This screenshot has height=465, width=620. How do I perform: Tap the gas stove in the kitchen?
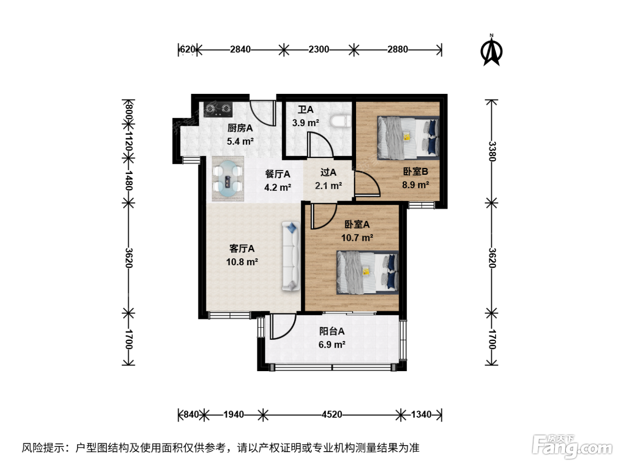[x=218, y=109]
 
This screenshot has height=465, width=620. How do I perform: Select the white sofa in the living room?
[x=291, y=256]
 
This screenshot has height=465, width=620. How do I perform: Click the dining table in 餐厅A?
[x=228, y=179]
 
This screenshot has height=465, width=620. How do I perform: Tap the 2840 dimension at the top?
[x=240, y=50]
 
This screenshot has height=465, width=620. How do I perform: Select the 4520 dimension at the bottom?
[x=332, y=415]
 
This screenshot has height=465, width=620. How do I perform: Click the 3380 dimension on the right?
[x=492, y=151]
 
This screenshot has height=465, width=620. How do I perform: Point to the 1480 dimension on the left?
[x=128, y=180]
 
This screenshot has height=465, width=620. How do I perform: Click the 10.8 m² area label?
[x=242, y=262]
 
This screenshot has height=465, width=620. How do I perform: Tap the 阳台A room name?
[x=332, y=331]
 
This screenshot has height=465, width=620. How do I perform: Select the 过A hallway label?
[x=328, y=172]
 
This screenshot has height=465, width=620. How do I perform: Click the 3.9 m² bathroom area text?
[x=306, y=123]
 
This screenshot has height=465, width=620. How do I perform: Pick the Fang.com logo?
[x=572, y=447]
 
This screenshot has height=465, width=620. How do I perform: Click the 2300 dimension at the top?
[x=318, y=50]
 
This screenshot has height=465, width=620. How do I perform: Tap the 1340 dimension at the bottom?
[x=421, y=415]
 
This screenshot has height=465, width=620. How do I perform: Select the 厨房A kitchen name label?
[x=240, y=128]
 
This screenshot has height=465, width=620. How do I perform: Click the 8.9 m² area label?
[x=416, y=185]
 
